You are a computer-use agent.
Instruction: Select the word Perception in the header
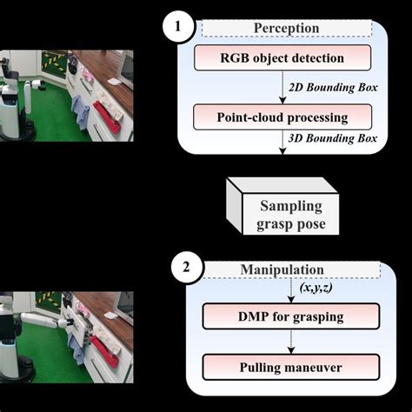tap(286, 29)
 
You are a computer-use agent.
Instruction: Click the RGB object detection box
tap(282, 60)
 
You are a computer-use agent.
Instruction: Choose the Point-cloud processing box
tap(282, 116)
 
